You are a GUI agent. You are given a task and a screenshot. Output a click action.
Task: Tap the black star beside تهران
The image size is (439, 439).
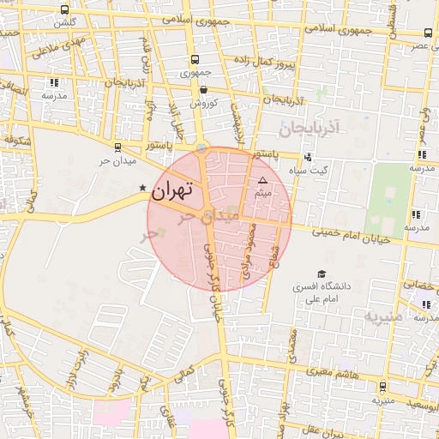(143, 188)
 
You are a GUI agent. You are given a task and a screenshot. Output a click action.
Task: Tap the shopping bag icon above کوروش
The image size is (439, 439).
(203, 89)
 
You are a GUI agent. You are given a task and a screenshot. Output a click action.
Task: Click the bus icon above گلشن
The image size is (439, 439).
(65, 10)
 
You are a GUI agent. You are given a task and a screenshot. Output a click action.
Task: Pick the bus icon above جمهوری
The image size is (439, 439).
(195, 60)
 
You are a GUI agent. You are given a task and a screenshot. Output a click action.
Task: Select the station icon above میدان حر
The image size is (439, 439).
(117, 147)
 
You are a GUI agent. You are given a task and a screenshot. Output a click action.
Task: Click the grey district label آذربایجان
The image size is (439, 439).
(310, 127)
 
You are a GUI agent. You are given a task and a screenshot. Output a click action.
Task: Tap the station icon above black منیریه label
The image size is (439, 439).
(382, 387)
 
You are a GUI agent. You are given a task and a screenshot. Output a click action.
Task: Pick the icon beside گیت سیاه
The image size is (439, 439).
(308, 157)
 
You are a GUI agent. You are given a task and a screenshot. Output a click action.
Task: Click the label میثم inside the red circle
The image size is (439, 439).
(263, 194)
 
